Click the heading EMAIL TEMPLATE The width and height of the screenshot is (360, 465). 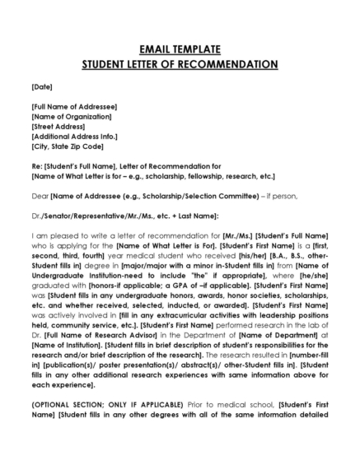[180, 49]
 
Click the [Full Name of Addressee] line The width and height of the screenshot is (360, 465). [74, 106]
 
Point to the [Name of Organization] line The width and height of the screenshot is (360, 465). [71, 116]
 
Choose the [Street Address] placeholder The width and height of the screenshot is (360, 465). [58, 126]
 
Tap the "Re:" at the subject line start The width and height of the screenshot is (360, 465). [36, 166]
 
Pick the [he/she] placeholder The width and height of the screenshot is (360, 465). [311, 276]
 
